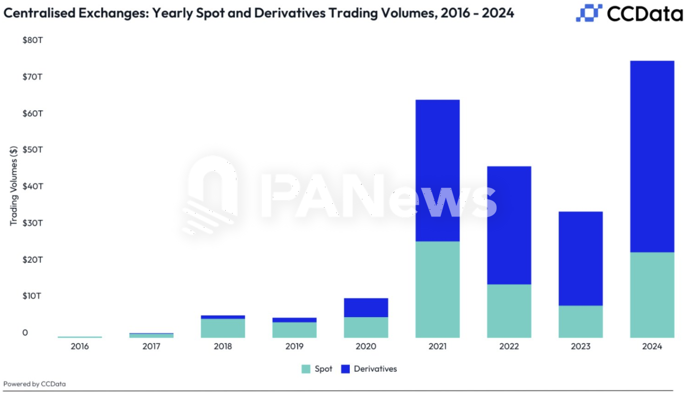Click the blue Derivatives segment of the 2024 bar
click(x=652, y=156)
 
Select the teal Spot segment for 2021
click(x=437, y=289)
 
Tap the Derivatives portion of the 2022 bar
click(x=509, y=225)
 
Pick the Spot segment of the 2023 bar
click(x=580, y=322)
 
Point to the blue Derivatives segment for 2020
click(x=366, y=307)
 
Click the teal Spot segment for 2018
click(x=223, y=328)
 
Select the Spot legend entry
click(x=317, y=369)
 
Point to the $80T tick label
click(x=33, y=40)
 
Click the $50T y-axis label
click(x=33, y=149)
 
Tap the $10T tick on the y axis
click(x=33, y=296)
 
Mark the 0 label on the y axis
click(x=25, y=333)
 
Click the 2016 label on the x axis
click(x=80, y=346)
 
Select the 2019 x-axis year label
click(x=294, y=346)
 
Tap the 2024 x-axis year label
click(x=652, y=346)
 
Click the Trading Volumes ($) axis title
click(x=14, y=186)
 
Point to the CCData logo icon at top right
click(x=589, y=13)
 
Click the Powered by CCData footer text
click(x=35, y=384)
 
